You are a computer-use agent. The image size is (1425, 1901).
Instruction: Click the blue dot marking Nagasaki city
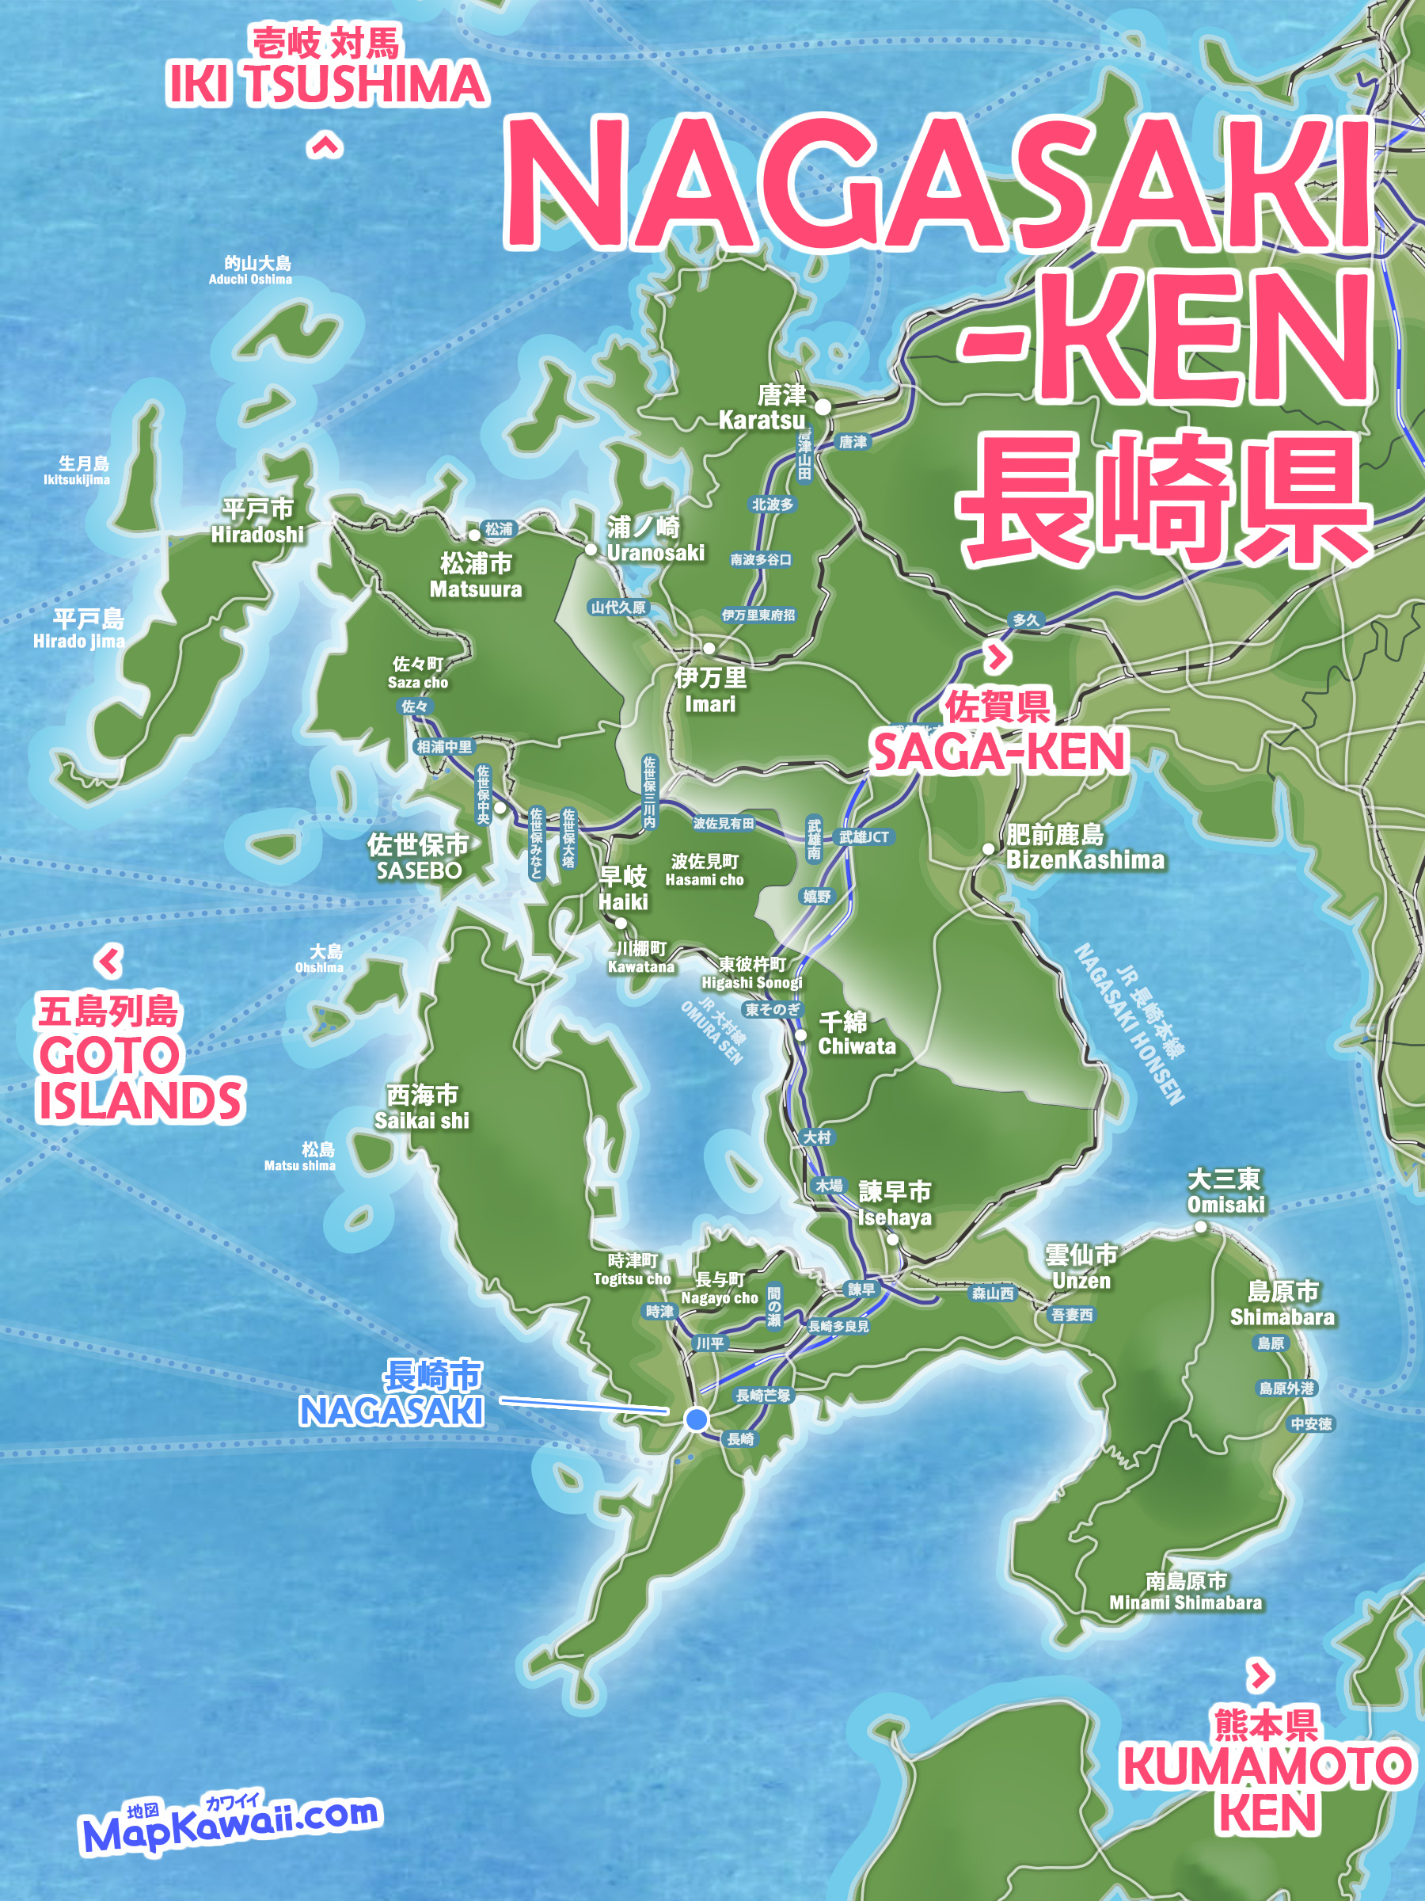tap(697, 1419)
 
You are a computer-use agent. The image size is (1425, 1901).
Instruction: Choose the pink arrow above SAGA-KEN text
tap(996, 658)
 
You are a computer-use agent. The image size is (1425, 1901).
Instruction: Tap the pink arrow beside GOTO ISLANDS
tap(109, 961)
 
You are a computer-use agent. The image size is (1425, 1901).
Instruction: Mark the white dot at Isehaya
tap(892, 1240)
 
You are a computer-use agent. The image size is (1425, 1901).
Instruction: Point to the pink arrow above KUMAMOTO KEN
tap(1260, 1675)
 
